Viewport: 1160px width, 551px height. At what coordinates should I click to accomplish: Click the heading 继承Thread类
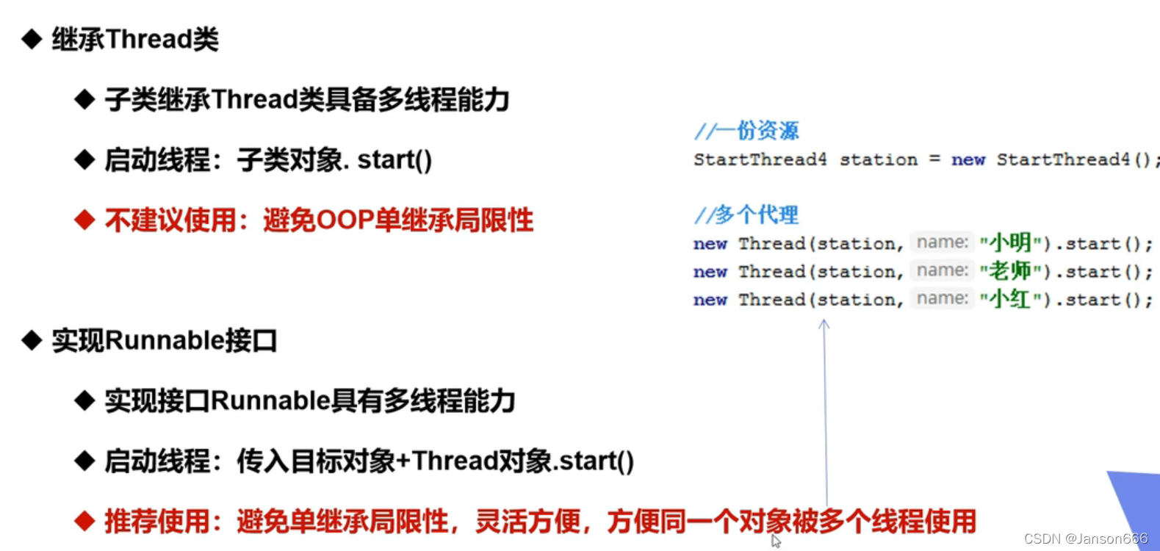pyautogui.click(x=134, y=40)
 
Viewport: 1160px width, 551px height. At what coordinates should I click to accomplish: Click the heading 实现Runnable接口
pyautogui.click(x=164, y=341)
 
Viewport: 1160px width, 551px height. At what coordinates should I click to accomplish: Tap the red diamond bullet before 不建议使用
pyautogui.click(x=84, y=220)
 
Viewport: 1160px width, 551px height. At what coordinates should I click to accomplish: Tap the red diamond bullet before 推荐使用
pyautogui.click(x=84, y=521)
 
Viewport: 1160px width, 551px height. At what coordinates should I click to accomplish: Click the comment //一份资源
pyautogui.click(x=746, y=131)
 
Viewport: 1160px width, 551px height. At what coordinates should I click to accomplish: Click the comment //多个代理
pyautogui.click(x=746, y=215)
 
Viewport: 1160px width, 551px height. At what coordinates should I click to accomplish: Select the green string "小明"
pyautogui.click(x=1010, y=243)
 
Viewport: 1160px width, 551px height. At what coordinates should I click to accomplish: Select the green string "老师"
pyautogui.click(x=1010, y=271)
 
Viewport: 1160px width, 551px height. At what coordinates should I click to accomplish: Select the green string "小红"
pyautogui.click(x=1010, y=299)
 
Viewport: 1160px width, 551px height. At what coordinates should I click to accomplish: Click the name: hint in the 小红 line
pyautogui.click(x=942, y=298)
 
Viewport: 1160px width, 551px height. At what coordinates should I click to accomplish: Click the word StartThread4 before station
pyautogui.click(x=760, y=159)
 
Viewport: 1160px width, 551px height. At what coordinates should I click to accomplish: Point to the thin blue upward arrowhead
pyautogui.click(x=824, y=323)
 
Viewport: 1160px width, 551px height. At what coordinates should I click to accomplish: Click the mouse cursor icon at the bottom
pyautogui.click(x=775, y=541)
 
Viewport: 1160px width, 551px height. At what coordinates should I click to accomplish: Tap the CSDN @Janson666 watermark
pyautogui.click(x=1085, y=539)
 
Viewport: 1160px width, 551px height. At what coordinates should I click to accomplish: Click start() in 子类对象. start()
pyautogui.click(x=395, y=160)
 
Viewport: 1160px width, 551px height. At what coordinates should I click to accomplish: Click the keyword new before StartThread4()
pyautogui.click(x=968, y=159)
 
